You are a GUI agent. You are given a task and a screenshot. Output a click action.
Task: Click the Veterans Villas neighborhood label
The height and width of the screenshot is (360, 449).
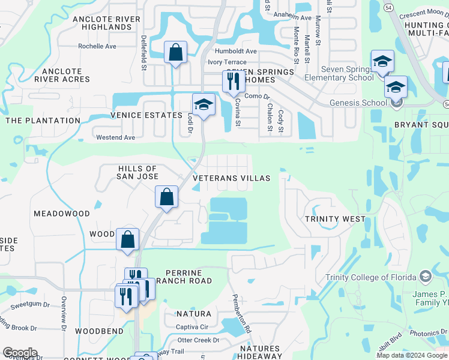(232, 178)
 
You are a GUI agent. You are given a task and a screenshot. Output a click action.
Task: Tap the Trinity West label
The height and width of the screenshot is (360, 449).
(335, 219)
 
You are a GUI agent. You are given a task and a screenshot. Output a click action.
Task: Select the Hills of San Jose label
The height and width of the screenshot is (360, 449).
(138, 172)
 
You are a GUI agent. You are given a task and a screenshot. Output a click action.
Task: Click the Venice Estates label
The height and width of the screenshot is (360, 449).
(146, 115)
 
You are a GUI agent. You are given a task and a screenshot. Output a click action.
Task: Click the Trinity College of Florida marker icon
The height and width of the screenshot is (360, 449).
(426, 277)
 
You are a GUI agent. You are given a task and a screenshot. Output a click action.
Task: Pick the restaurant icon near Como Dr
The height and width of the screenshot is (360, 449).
(233, 81)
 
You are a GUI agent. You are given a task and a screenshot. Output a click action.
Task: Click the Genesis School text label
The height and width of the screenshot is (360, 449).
(358, 103)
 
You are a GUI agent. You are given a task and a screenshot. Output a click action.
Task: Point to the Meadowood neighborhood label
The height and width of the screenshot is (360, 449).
(62, 214)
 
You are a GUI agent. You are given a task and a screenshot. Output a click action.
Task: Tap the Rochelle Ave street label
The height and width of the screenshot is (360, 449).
(97, 46)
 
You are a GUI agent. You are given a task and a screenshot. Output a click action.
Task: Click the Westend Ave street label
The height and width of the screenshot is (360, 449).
(116, 137)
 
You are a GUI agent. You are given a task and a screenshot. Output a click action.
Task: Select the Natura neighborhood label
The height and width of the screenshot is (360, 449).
(193, 314)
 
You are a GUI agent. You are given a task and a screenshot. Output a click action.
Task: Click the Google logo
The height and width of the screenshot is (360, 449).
(20, 353)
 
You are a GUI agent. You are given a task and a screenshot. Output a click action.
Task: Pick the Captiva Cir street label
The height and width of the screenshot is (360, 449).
(191, 327)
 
